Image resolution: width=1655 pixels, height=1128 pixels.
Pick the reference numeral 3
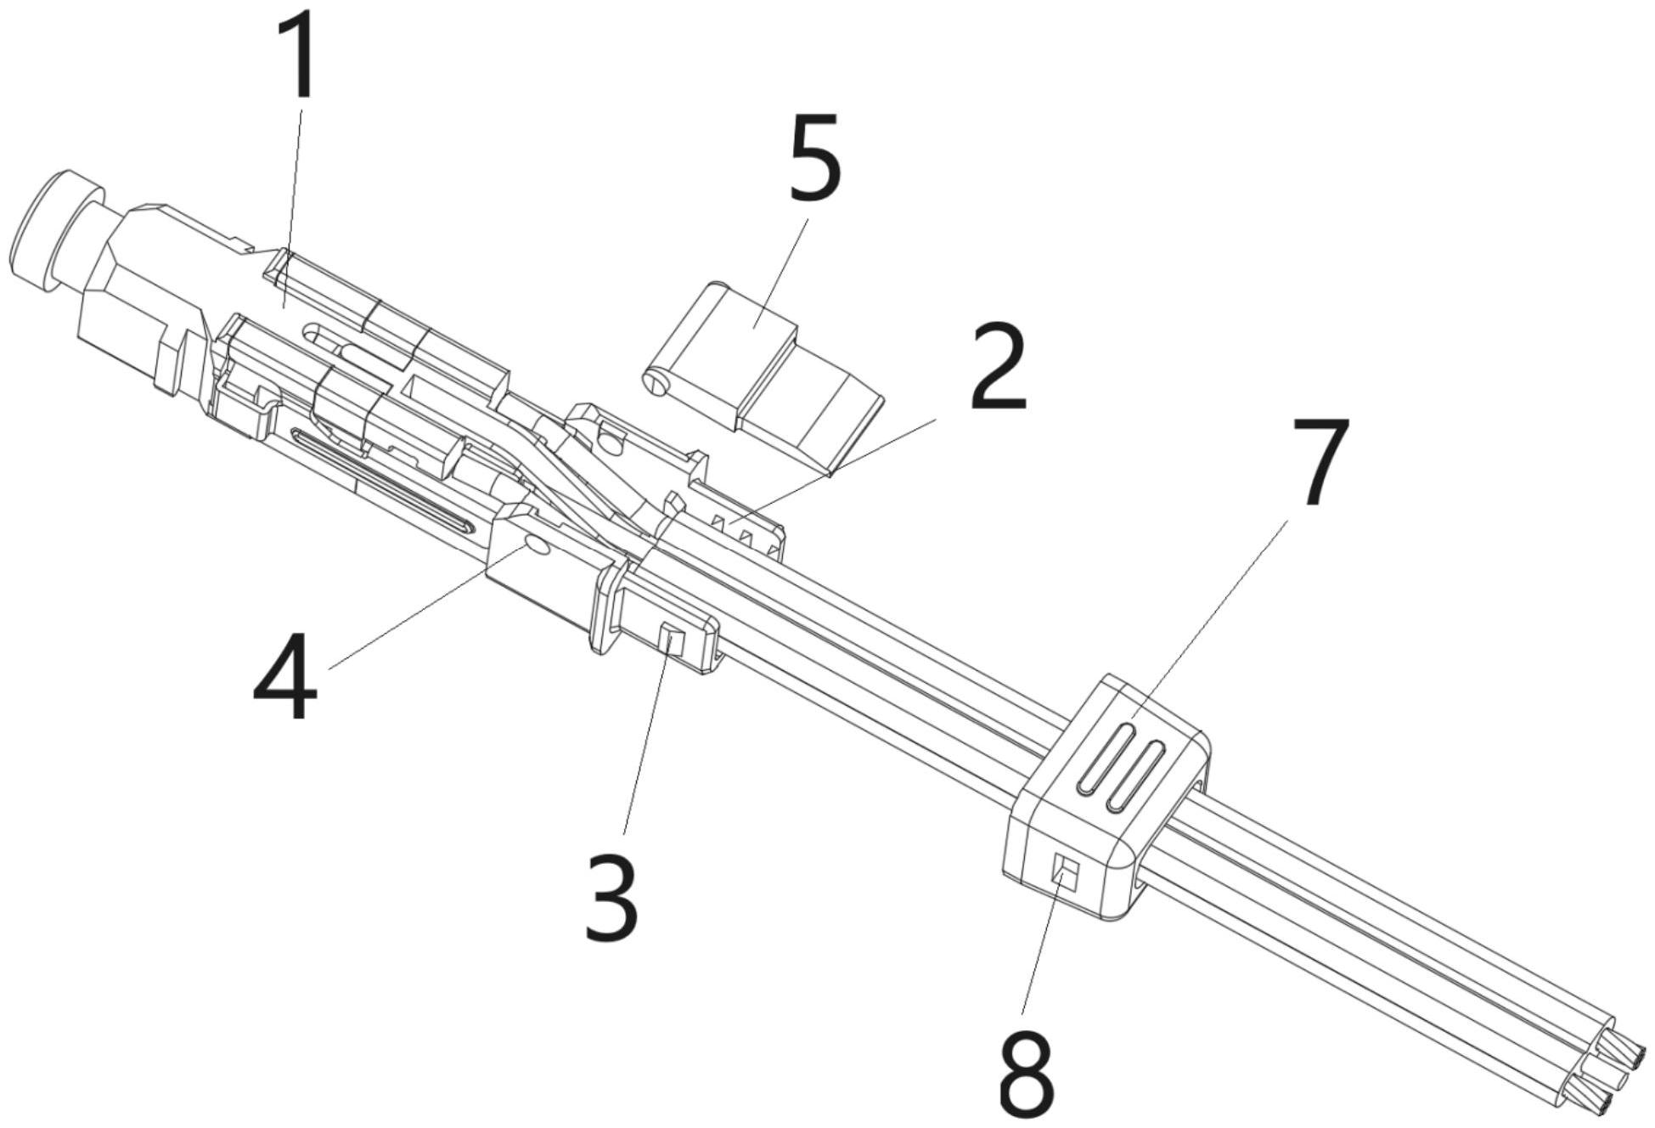coord(611,898)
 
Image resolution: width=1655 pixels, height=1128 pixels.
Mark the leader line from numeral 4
coord(425,609)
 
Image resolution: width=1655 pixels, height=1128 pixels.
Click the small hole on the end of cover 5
coord(656,385)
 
